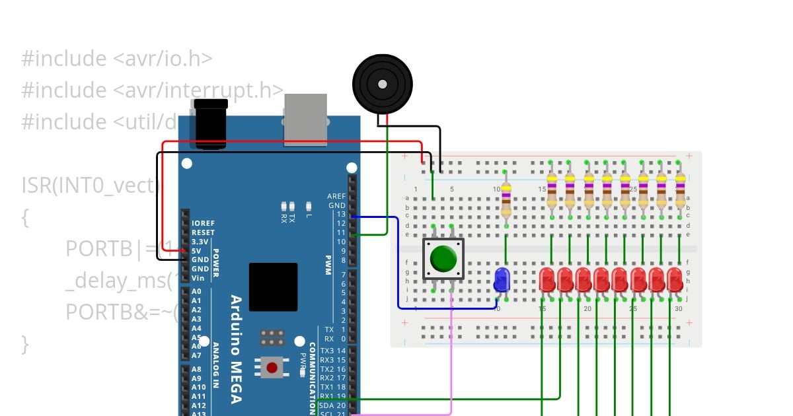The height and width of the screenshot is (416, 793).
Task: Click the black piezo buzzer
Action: (382, 84)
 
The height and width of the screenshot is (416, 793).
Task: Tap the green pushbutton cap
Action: (443, 259)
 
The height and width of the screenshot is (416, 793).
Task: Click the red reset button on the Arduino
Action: (272, 367)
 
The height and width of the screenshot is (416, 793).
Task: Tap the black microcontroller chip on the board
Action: (273, 287)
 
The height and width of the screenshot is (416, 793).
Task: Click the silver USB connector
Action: (305, 119)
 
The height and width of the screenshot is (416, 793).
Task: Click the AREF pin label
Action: (336, 196)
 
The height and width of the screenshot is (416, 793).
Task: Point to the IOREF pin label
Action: (202, 223)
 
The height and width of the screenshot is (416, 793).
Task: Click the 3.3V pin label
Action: (201, 242)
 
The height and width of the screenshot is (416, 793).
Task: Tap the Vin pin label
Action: (198, 278)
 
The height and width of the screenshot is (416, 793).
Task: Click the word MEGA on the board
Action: (235, 382)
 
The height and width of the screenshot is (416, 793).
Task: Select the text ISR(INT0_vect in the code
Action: (89, 186)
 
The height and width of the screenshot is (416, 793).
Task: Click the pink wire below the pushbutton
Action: (451, 357)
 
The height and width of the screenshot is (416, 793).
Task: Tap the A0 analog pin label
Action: (196, 291)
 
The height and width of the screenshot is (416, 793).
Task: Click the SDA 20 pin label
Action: (332, 405)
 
